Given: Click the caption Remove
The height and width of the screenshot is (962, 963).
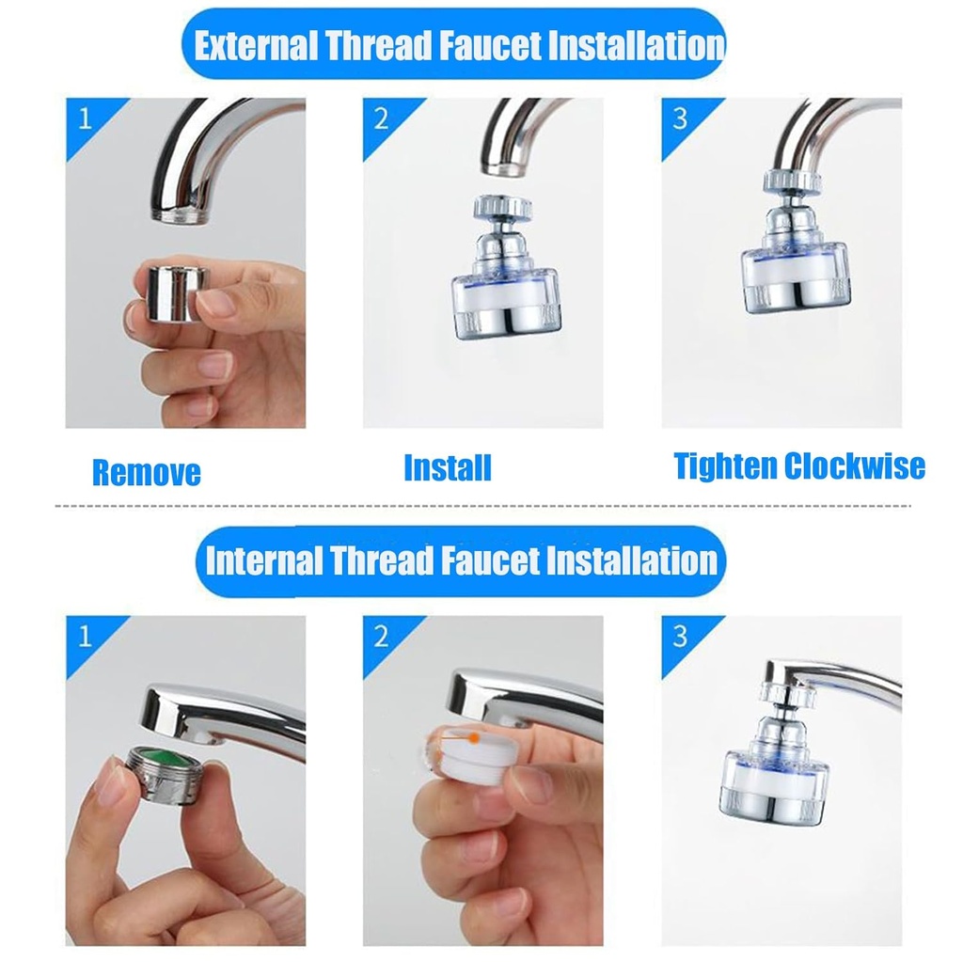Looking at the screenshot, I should pyautogui.click(x=146, y=472).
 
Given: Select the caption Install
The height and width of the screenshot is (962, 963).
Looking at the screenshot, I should pyautogui.click(x=447, y=467).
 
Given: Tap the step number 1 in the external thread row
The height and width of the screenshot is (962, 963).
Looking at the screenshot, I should pyautogui.click(x=86, y=119).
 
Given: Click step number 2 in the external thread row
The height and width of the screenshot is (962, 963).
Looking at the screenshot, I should pyautogui.click(x=381, y=119).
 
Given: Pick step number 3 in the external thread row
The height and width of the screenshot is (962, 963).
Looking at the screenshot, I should pyautogui.click(x=680, y=119).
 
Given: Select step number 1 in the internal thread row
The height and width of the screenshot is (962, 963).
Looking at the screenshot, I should pyautogui.click(x=86, y=637).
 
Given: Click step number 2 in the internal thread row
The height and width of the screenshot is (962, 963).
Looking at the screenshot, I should pyautogui.click(x=381, y=637).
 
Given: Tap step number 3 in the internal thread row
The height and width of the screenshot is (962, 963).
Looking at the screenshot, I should pyautogui.click(x=680, y=637).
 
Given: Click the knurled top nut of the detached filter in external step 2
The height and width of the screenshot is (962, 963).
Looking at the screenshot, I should pyautogui.click(x=504, y=208).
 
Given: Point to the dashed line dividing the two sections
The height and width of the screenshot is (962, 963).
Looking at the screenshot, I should pyautogui.click(x=481, y=506).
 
